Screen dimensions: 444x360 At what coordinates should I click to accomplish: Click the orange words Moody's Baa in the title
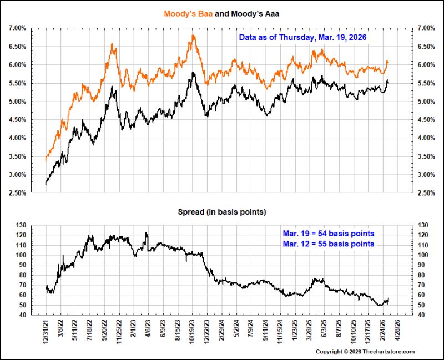pos(188,13)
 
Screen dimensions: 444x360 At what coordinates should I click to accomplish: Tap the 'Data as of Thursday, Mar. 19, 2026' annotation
pos(302,37)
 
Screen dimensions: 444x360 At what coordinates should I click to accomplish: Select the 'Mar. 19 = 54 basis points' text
pos(329,234)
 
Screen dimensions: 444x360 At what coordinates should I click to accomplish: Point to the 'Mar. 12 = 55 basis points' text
pos(329,244)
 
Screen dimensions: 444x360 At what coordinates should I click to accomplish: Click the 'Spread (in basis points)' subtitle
pos(222,212)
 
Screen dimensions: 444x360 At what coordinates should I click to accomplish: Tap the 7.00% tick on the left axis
pos(17,28)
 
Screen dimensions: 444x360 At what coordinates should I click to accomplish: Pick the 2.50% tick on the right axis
pos(426,193)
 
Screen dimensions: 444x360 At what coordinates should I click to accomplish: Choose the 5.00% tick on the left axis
pos(17,102)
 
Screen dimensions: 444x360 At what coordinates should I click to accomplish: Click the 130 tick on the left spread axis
pos(21,225)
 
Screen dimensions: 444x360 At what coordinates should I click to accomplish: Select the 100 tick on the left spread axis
pos(21,255)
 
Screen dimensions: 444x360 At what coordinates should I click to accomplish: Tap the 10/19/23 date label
pos(193,331)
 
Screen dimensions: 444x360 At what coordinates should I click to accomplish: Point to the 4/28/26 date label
pos(398,330)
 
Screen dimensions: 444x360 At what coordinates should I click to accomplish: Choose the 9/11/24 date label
pos(266,330)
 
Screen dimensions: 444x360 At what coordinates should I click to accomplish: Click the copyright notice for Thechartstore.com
pos(365,352)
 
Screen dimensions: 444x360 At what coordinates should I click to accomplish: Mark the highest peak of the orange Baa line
pos(193,35)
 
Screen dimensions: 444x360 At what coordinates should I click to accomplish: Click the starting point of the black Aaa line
pos(46,184)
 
